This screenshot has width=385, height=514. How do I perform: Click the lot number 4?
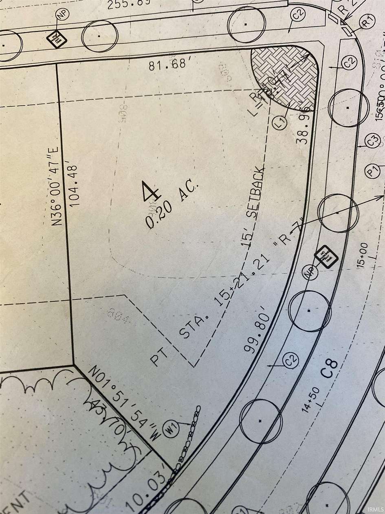150,192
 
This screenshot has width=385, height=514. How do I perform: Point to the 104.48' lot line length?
73,185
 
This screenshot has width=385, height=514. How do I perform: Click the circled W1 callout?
171,429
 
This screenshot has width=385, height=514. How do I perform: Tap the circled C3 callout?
372,141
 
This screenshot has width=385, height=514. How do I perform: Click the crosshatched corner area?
285,78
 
